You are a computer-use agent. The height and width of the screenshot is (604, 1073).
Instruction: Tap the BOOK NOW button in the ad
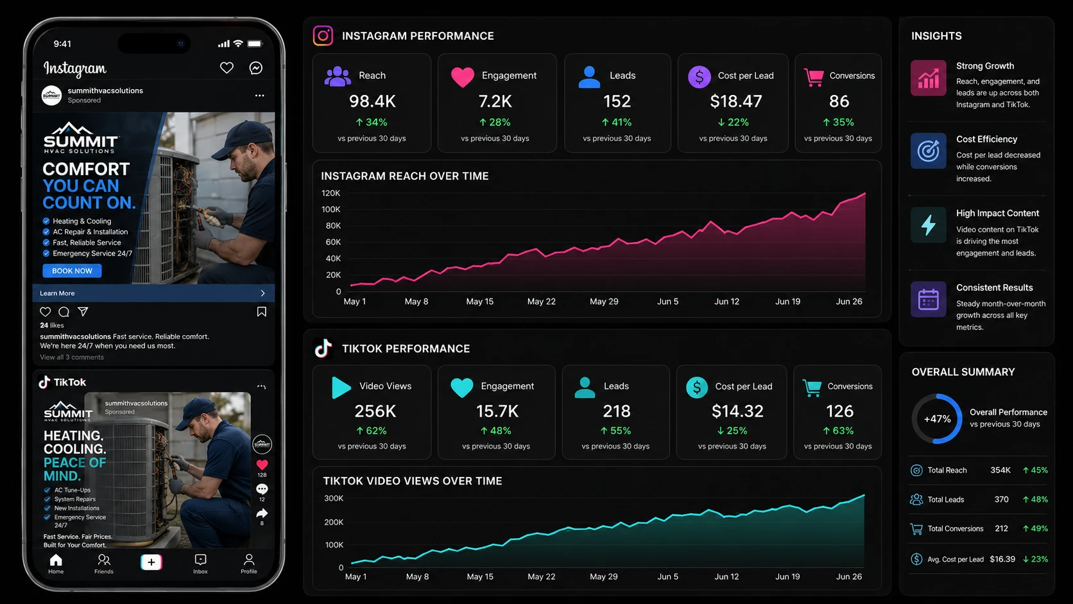pyautogui.click(x=72, y=271)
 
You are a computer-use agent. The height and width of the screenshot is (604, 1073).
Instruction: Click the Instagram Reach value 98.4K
pyautogui.click(x=372, y=101)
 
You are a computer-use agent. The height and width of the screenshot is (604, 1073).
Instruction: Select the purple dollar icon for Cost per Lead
pyautogui.click(x=700, y=76)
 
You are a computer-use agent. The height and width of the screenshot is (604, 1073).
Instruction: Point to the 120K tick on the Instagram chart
pyautogui.click(x=330, y=193)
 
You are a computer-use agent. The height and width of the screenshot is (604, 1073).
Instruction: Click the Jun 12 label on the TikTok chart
pyautogui.click(x=726, y=576)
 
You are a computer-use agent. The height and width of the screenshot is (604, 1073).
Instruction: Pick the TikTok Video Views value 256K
pyautogui.click(x=375, y=411)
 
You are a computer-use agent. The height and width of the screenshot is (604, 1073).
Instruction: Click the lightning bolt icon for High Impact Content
pyautogui.click(x=929, y=225)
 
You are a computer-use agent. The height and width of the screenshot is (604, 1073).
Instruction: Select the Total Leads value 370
pyautogui.click(x=1001, y=499)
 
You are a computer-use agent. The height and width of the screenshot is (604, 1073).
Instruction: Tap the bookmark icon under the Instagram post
pyautogui.click(x=262, y=312)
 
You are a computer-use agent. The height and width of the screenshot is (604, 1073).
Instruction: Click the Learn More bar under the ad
pyautogui.click(x=153, y=293)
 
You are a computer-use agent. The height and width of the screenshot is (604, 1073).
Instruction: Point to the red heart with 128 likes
pyautogui.click(x=262, y=465)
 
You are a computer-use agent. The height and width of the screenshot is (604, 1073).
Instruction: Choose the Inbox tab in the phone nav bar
pyautogui.click(x=200, y=564)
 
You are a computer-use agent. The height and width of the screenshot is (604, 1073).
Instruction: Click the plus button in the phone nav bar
pyautogui.click(x=151, y=562)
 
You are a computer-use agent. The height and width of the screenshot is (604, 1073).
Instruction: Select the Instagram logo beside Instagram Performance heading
pyautogui.click(x=323, y=36)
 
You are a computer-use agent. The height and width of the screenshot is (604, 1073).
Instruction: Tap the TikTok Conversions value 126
pyautogui.click(x=839, y=411)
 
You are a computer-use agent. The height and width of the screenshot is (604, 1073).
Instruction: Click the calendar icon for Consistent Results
pyautogui.click(x=929, y=299)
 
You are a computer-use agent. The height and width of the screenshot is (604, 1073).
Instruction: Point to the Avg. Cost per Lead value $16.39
pyautogui.click(x=1002, y=559)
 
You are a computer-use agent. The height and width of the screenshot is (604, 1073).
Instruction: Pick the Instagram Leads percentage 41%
pyautogui.click(x=617, y=122)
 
